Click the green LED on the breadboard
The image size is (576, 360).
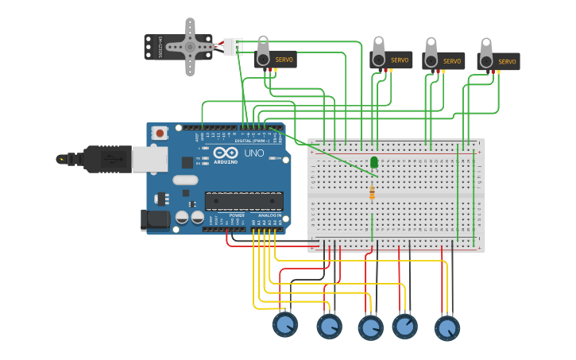pos(374,162)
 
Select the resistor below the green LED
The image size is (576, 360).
pos(372,192)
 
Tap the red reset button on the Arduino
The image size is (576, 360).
pos(160,134)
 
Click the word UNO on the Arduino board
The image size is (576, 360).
pos(253,153)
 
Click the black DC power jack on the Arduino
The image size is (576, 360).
pos(155,219)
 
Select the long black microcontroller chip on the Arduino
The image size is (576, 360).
pos(243,201)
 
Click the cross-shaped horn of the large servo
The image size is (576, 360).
pos(190,47)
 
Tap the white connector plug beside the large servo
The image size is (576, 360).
pos(231,47)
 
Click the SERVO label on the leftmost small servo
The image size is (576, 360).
pos(284,60)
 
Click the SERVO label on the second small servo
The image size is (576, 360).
pos(399,60)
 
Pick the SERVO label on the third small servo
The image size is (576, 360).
pos(452,61)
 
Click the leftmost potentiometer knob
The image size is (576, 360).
pos(285,324)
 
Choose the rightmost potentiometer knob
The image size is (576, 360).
pos(447,327)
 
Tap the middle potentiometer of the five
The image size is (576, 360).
pos(370,327)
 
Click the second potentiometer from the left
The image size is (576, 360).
pos(329,326)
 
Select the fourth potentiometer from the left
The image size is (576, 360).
pos(405,326)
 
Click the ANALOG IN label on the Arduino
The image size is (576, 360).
pos(269,215)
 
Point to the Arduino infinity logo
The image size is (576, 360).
pos(225,153)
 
